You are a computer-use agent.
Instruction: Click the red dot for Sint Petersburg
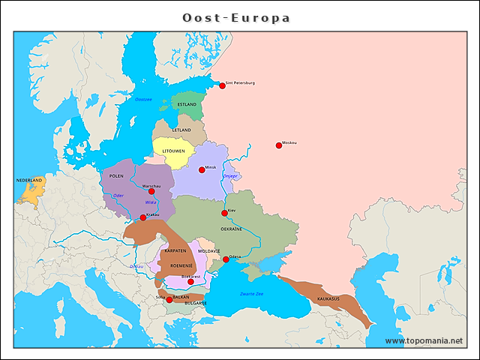click(222, 85)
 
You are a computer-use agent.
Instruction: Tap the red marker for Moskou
click(279, 145)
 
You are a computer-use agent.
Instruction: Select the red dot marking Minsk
click(202, 169)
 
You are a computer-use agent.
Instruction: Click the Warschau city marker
click(151, 191)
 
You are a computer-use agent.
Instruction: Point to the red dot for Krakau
click(143, 217)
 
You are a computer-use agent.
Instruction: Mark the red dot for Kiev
click(224, 213)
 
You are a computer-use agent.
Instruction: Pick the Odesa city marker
click(226, 259)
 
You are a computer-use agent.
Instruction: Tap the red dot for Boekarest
click(190, 282)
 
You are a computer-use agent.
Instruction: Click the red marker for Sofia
click(169, 299)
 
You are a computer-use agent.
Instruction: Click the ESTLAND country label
click(187, 104)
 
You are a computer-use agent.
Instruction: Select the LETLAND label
click(181, 130)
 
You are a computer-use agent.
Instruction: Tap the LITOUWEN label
click(178, 151)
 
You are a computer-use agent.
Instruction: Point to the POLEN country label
click(116, 175)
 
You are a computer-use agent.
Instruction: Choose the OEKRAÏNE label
click(231, 229)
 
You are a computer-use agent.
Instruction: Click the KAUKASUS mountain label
click(328, 298)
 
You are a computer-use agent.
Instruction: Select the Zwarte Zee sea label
click(251, 293)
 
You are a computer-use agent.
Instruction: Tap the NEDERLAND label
click(30, 181)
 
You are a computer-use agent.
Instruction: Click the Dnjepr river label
click(229, 176)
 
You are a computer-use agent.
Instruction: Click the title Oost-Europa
click(236, 17)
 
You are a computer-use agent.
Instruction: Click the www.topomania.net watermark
click(424, 340)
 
